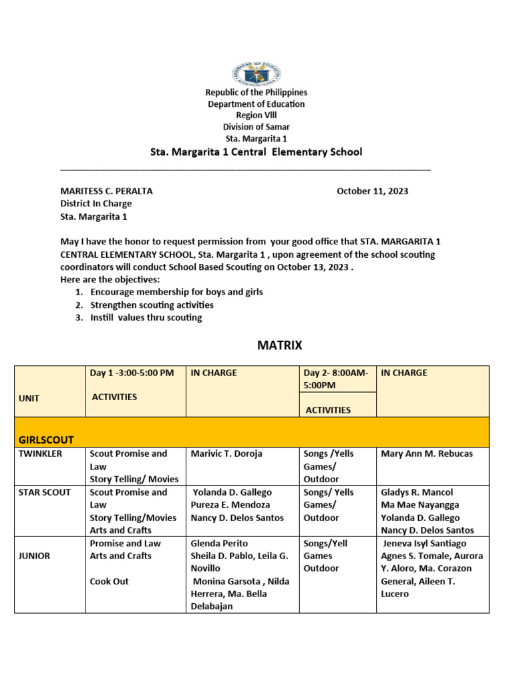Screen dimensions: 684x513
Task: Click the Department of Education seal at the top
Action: [256, 73]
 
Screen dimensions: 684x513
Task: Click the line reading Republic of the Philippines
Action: [256, 93]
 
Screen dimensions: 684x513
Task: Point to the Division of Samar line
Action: [256, 127]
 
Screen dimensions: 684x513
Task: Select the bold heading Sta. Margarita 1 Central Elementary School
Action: [256, 152]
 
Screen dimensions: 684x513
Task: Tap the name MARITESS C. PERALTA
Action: [107, 191]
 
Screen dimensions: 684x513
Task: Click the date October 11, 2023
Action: [372, 191]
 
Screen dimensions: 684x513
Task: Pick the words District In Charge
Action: [96, 204]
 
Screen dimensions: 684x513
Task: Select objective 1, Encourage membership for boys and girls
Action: [176, 292]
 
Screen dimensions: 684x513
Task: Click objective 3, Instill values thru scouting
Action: [146, 317]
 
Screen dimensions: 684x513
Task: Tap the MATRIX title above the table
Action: [280, 345]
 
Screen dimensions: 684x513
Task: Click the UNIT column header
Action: [29, 398]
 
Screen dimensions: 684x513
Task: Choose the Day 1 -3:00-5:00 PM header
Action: [132, 373]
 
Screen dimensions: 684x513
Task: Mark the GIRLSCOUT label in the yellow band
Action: [46, 439]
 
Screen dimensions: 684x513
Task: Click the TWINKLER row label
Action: [41, 454]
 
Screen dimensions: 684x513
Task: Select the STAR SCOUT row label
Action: [44, 492]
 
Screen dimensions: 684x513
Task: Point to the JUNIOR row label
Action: [34, 556]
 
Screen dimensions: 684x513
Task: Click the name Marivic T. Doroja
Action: [226, 454]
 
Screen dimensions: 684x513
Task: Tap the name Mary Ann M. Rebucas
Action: [426, 454]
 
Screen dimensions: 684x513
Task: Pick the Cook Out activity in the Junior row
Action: [109, 581]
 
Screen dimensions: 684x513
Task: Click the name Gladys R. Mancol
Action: [417, 492]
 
